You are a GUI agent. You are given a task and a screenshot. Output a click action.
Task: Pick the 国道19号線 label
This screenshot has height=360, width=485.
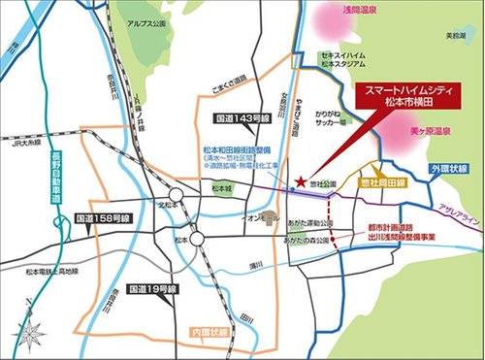[x=157, y=288]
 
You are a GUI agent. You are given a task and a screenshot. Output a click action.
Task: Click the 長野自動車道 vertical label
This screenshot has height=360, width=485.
[x=55, y=194]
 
